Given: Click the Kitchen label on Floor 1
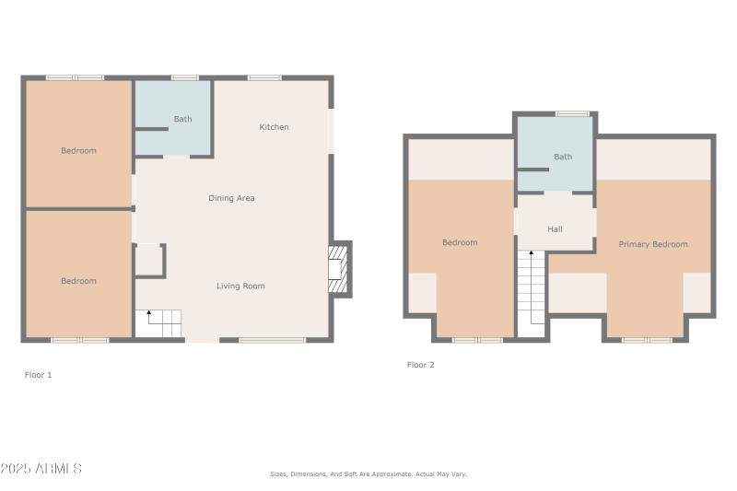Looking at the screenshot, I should coord(274,127).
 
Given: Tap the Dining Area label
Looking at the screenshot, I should coord(231,198).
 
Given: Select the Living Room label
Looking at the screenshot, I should coord(240,286).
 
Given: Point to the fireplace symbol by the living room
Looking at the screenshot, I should coord(339,269).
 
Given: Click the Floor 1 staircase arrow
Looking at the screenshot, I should coord(149,315).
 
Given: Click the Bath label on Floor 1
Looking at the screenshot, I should coord(182,119).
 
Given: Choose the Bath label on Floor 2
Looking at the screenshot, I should coord(562,157).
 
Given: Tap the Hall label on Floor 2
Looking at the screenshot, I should coord(555,229).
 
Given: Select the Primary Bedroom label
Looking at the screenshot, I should coord(652,244).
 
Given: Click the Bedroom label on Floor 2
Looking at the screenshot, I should coord(460,243).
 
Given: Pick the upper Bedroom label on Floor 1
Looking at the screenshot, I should coord(78,151).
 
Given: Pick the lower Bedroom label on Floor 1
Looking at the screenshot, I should coord(78,281).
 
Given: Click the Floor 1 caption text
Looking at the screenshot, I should coord(38,375).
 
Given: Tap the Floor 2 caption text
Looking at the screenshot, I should coord(420,365).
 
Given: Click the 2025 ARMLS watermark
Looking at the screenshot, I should coord(41,469).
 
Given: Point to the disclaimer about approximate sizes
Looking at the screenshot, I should coord(368,473).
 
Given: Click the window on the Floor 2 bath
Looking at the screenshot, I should coord(572,113).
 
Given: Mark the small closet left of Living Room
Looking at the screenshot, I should coord(148,260).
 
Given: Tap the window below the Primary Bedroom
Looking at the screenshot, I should coord(646,340).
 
